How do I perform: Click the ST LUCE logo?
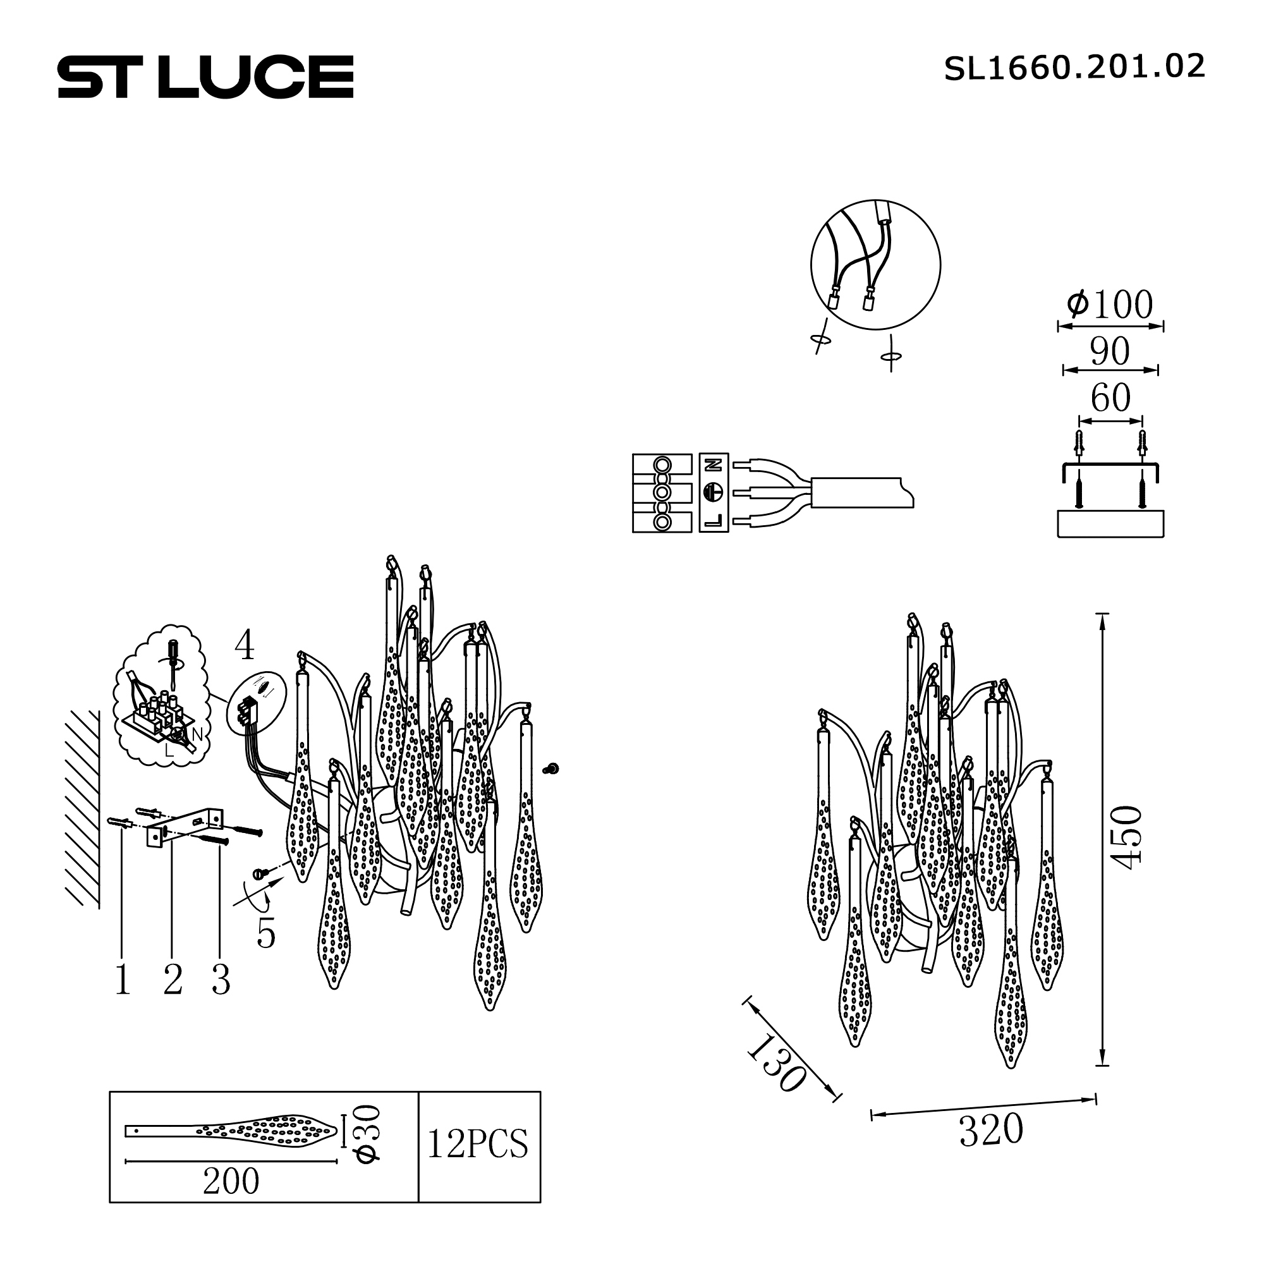point(205,77)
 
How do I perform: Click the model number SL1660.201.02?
point(1074,68)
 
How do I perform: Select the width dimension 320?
point(990,1131)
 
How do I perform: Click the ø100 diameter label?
point(1110,305)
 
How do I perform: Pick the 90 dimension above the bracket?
point(1110,351)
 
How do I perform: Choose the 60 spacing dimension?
point(1110,398)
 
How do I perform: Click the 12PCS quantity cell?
point(478,1145)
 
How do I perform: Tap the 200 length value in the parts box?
point(231,1182)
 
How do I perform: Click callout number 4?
point(244,646)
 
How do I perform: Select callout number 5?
point(265,933)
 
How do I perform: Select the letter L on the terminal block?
point(714,521)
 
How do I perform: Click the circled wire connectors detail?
point(875,264)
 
